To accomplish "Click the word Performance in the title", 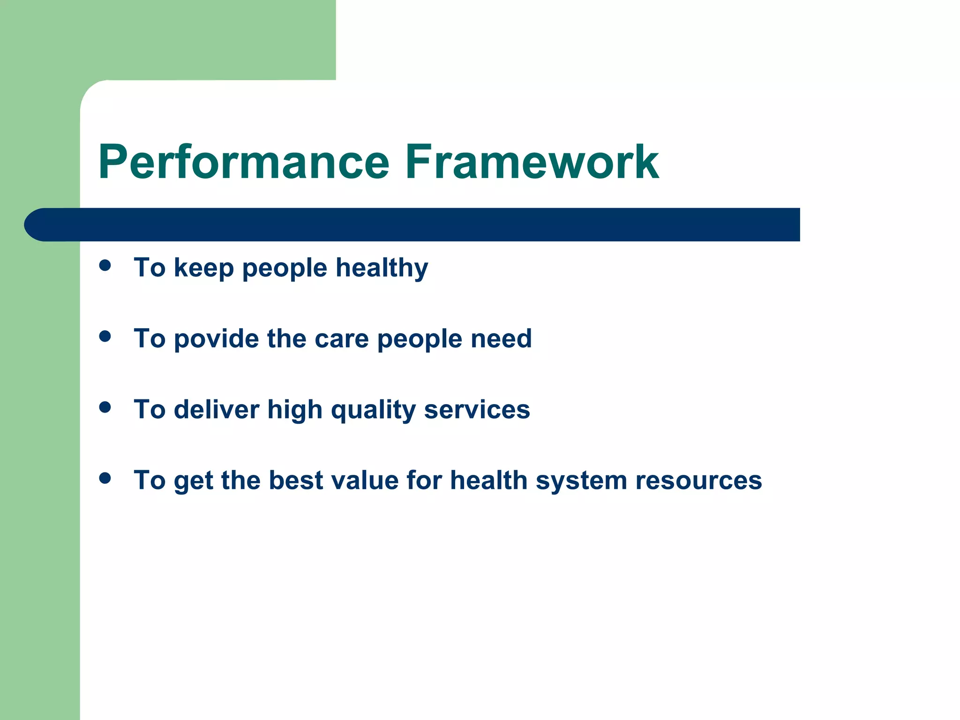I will coord(243,162).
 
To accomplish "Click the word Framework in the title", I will coord(532,162).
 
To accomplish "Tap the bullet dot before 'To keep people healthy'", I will coord(105,266).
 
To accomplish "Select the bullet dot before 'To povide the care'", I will coord(105,336).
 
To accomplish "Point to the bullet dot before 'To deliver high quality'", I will coord(105,407).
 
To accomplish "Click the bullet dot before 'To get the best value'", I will coord(105,478).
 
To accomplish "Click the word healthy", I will coord(382,268).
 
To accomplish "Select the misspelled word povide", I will coord(216,339).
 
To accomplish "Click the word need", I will coord(501,338).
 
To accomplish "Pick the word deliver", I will coord(216,409).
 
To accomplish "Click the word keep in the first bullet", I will coord(203,268).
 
